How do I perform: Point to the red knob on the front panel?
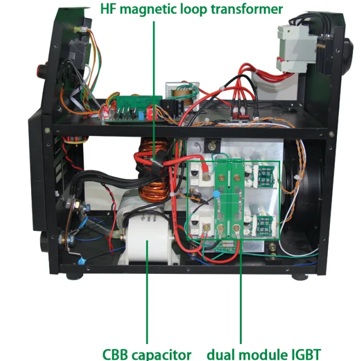pyautogui.click(x=42, y=71)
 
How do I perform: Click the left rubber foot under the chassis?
pyautogui.click(x=72, y=276)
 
